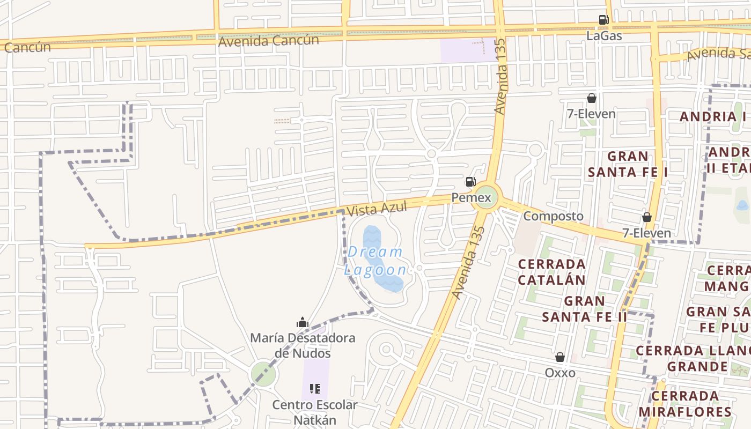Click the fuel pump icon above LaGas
pos(603,20)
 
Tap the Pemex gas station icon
pos(470,182)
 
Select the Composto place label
pos(553,216)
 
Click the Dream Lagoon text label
pos(375,261)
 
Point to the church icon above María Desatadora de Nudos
pos(303,322)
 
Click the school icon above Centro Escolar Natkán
pos(315,388)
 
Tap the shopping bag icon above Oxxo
pos(560,357)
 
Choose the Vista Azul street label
pos(377,208)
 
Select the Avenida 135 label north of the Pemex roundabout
pos(500,76)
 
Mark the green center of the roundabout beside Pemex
pos(485,198)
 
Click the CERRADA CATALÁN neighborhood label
pos(552,272)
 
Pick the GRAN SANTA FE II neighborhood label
pos(584,309)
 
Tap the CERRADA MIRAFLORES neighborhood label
pos(685,404)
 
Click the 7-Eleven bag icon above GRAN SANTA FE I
pos(591,98)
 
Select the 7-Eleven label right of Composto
pos(646,233)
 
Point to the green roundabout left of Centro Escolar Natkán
pos(263,374)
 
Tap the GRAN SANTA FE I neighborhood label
pos(628,164)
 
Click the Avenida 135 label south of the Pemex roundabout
pos(465,263)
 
